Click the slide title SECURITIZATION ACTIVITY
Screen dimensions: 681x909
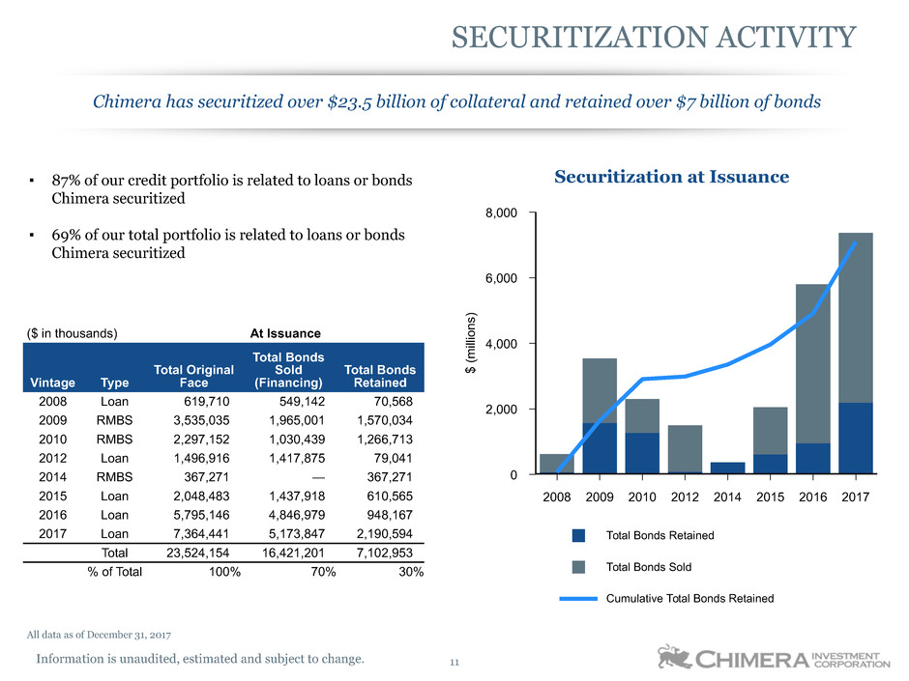click(x=654, y=37)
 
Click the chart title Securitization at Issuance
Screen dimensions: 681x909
click(x=671, y=177)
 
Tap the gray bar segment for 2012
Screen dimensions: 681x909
click(x=685, y=448)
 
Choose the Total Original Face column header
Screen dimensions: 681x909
click(x=203, y=377)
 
